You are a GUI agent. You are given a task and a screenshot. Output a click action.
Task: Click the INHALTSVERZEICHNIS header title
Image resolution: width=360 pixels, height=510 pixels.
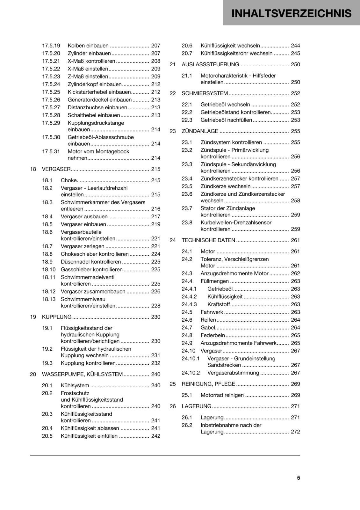click(x=291, y=13)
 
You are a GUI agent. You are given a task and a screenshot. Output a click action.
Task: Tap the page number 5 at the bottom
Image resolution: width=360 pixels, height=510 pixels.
click(x=299, y=478)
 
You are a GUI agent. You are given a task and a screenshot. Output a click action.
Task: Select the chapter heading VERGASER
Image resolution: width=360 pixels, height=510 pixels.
click(x=56, y=169)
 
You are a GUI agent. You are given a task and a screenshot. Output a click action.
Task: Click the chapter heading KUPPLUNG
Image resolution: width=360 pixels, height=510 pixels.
click(x=57, y=317)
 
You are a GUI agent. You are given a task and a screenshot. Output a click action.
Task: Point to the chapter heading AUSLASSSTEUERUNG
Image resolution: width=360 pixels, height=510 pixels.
click(x=210, y=64)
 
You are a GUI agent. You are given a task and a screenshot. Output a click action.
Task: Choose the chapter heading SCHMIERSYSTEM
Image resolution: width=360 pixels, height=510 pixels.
click(x=205, y=93)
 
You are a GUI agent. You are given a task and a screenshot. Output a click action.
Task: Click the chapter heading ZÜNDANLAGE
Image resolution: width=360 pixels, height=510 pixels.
click(x=200, y=131)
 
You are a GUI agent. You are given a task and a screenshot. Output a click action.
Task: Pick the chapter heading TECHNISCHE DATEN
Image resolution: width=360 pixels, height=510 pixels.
click(x=208, y=240)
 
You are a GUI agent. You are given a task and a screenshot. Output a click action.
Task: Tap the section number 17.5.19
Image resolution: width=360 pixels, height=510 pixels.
click(x=51, y=46)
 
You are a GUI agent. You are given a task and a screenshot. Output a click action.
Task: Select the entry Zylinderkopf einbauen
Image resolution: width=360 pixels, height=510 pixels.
click(x=95, y=84)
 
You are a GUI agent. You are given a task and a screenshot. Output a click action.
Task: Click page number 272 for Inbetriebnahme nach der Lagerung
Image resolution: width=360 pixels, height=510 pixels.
click(x=295, y=432)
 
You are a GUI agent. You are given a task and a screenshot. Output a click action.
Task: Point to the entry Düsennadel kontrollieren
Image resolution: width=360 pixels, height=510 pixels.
click(x=91, y=262)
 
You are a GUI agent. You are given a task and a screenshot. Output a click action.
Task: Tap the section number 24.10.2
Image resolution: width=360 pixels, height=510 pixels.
click(x=191, y=373)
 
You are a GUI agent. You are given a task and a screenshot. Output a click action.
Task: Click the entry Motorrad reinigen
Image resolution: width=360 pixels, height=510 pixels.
click(x=222, y=395)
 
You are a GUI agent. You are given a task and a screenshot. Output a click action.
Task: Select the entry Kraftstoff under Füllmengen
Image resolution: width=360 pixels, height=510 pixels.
click(x=219, y=304)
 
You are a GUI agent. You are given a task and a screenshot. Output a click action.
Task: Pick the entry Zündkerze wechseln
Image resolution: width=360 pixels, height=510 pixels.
click(x=225, y=186)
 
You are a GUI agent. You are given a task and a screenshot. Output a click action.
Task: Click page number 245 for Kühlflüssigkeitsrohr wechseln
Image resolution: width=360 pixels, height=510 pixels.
click(x=295, y=53)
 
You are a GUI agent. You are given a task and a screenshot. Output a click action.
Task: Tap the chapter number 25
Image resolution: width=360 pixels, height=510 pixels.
click(x=173, y=384)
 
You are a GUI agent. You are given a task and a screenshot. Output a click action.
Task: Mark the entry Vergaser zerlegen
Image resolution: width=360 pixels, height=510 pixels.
click(x=83, y=246)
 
